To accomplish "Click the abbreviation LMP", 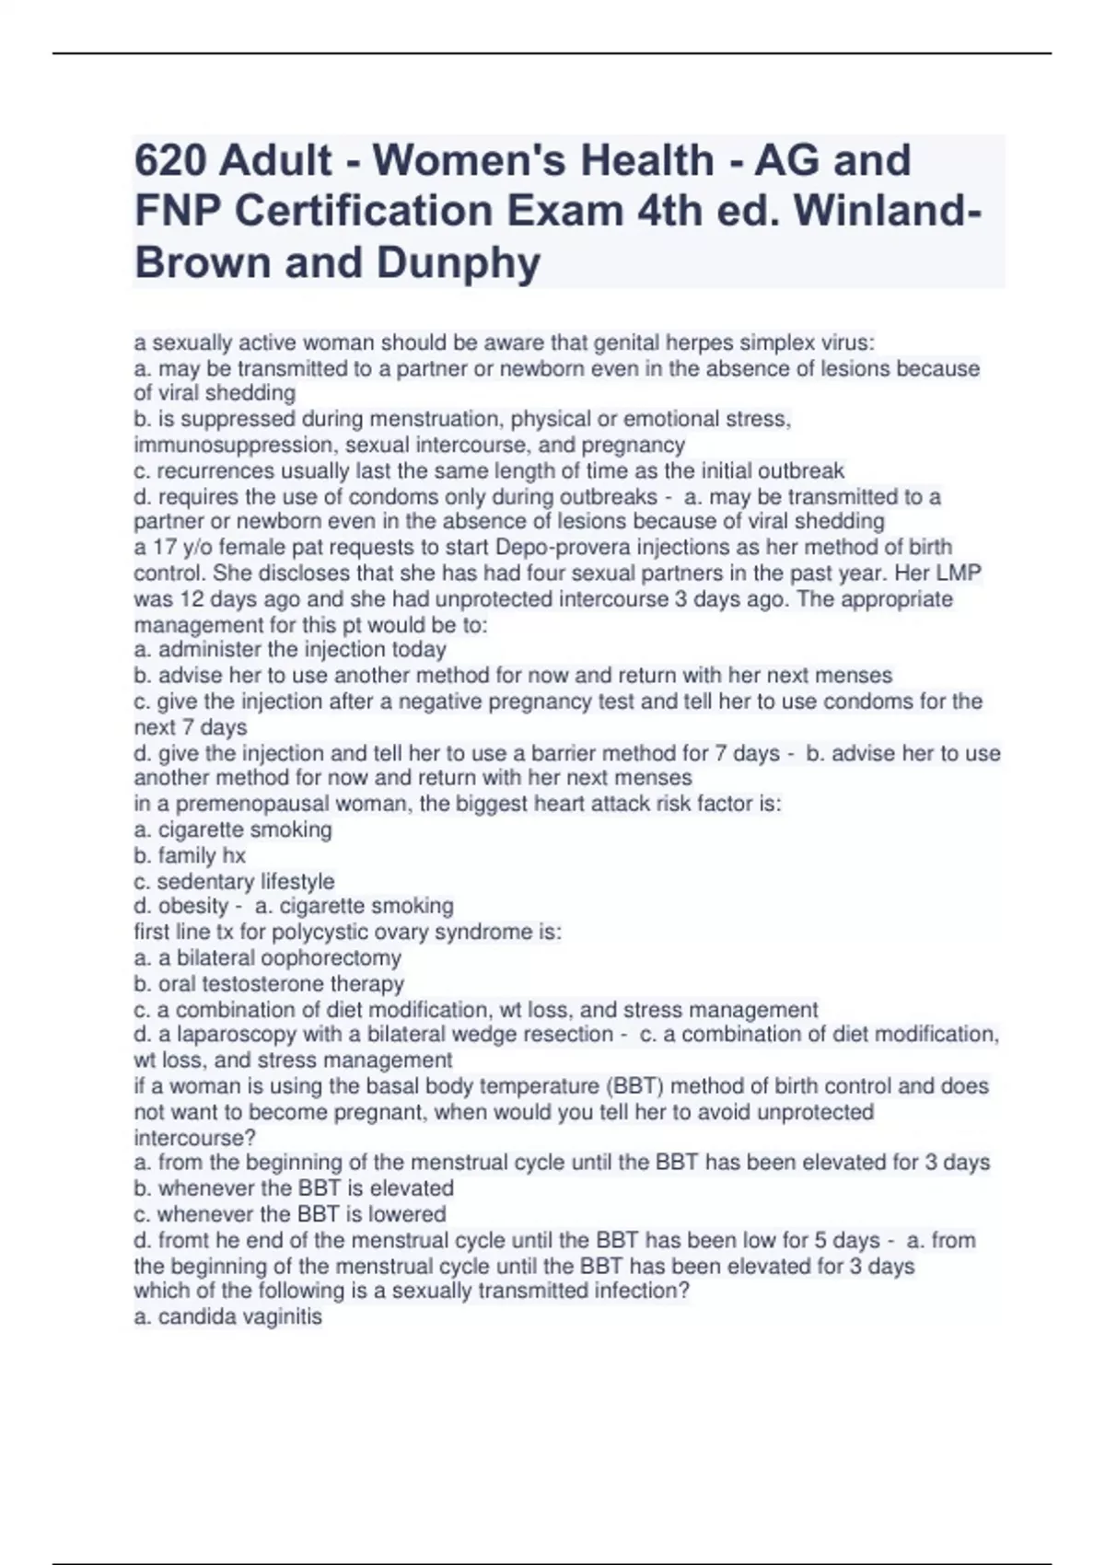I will coord(958,574).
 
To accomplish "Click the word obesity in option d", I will coord(192,907).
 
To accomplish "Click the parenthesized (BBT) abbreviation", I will coord(635,1086).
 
